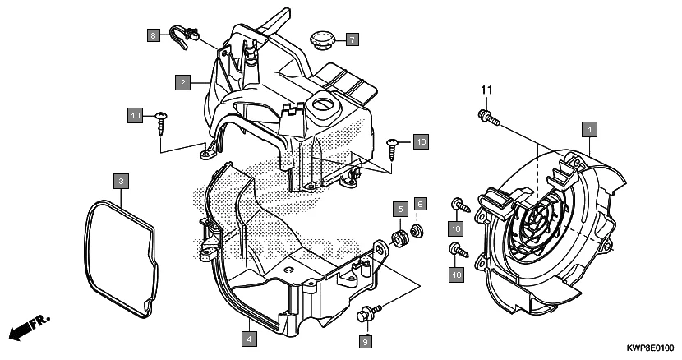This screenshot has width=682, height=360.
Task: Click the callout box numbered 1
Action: click(589, 129)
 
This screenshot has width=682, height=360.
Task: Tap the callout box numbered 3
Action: click(120, 180)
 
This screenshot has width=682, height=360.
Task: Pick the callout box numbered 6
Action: click(419, 203)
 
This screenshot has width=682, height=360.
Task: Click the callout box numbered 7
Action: click(351, 39)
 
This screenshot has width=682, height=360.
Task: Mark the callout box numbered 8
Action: click(153, 35)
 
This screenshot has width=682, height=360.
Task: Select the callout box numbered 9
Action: click(364, 339)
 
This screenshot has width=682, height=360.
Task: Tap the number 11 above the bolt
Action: click(485, 90)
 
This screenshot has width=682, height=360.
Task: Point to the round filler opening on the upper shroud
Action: click(323, 105)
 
